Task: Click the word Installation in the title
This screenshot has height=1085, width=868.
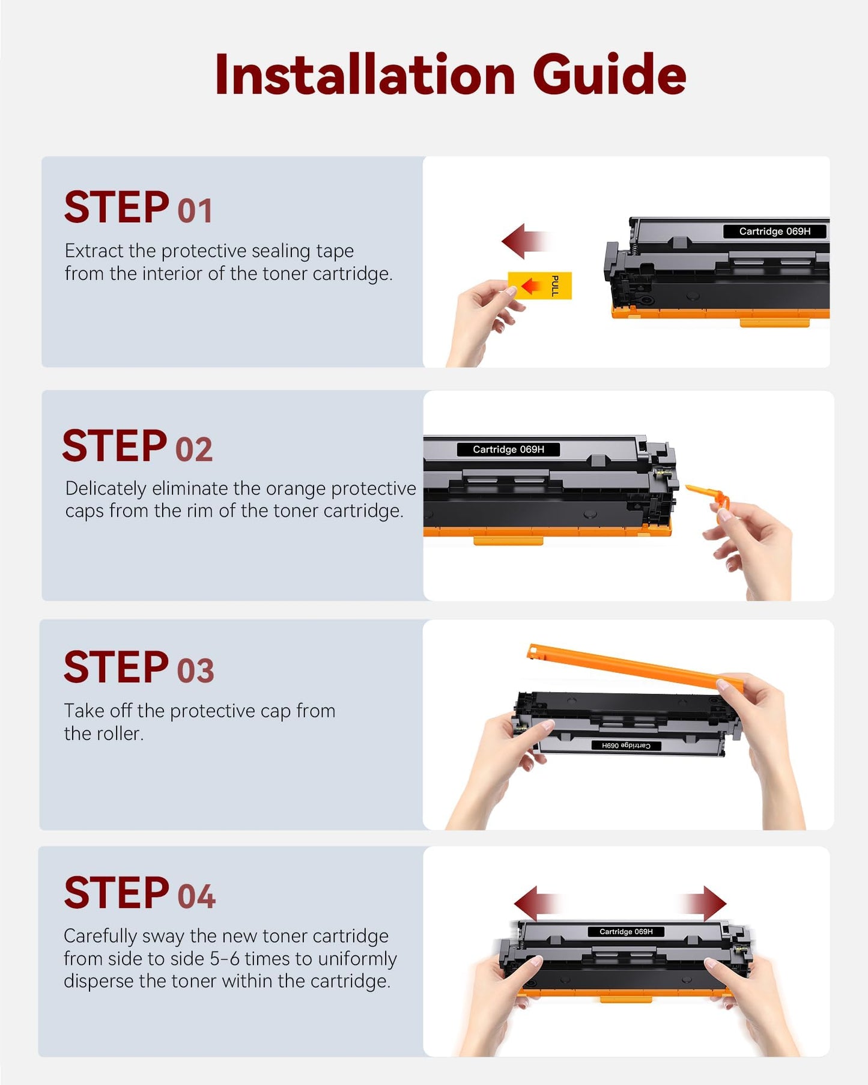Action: [x=365, y=74]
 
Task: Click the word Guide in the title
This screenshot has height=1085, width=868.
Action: [x=609, y=74]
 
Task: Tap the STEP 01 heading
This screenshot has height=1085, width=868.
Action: [x=138, y=207]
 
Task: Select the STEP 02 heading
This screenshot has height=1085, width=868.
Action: [x=138, y=446]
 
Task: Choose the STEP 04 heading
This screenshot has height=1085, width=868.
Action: [x=139, y=893]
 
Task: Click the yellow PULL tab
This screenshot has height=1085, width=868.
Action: [x=539, y=285]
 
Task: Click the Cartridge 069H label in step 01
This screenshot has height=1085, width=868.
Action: [x=774, y=231]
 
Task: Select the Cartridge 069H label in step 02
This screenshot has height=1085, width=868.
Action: [x=508, y=449]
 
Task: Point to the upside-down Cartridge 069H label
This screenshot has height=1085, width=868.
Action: [x=626, y=746]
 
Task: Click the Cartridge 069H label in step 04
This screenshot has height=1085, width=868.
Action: [x=626, y=932]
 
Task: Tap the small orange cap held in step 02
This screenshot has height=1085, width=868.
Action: [x=709, y=496]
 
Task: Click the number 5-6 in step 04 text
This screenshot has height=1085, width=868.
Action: [x=220, y=959]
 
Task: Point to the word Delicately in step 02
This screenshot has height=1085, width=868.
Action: [x=106, y=489]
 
